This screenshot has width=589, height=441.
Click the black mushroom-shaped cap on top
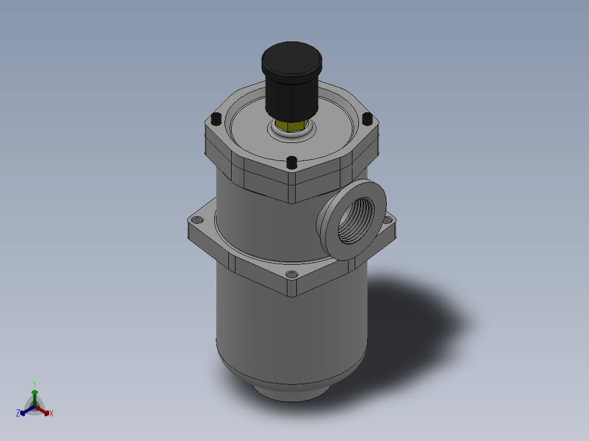tap(292, 60)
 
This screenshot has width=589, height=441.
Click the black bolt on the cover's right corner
tap(368, 118)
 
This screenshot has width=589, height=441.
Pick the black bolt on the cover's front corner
tap(292, 162)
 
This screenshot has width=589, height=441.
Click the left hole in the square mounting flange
tap(196, 220)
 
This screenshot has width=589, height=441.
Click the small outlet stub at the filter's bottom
tap(290, 392)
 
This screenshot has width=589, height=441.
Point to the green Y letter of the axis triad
tap(34, 384)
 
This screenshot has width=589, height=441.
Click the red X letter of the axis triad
tap(51, 414)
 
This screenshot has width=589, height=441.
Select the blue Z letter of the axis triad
tap(18, 414)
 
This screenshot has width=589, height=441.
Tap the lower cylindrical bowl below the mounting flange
tap(290, 327)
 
